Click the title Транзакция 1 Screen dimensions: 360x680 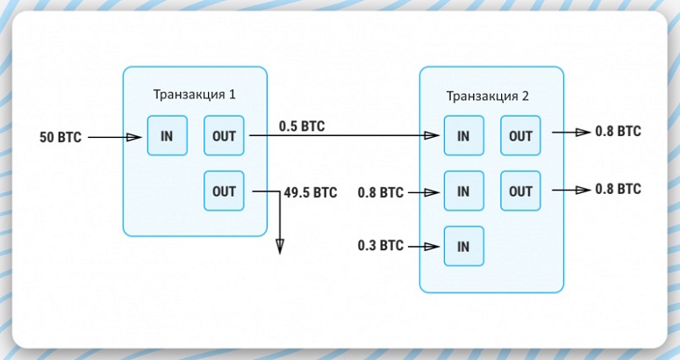point(194,94)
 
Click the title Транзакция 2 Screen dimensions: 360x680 point(488,95)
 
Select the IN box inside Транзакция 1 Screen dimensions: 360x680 point(167,136)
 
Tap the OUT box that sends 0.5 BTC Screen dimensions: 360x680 point(224,136)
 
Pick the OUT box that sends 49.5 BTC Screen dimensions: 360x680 point(224,191)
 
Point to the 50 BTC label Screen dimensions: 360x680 point(61,137)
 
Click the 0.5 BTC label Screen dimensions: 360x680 point(302,126)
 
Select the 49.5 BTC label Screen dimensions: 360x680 point(311,191)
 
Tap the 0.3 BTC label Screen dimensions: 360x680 point(381,246)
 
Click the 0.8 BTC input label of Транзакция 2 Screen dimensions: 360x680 point(381,191)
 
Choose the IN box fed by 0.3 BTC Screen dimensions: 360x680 point(463,246)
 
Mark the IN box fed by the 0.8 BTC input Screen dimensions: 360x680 point(463,191)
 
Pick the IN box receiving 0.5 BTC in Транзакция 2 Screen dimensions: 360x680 point(463,136)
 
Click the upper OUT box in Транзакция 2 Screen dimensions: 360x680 point(520,136)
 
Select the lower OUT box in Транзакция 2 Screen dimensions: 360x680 point(520,191)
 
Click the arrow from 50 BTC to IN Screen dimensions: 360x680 point(115,137)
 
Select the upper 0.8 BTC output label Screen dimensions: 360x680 point(618,132)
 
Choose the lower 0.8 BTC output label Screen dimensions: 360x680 point(618,189)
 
